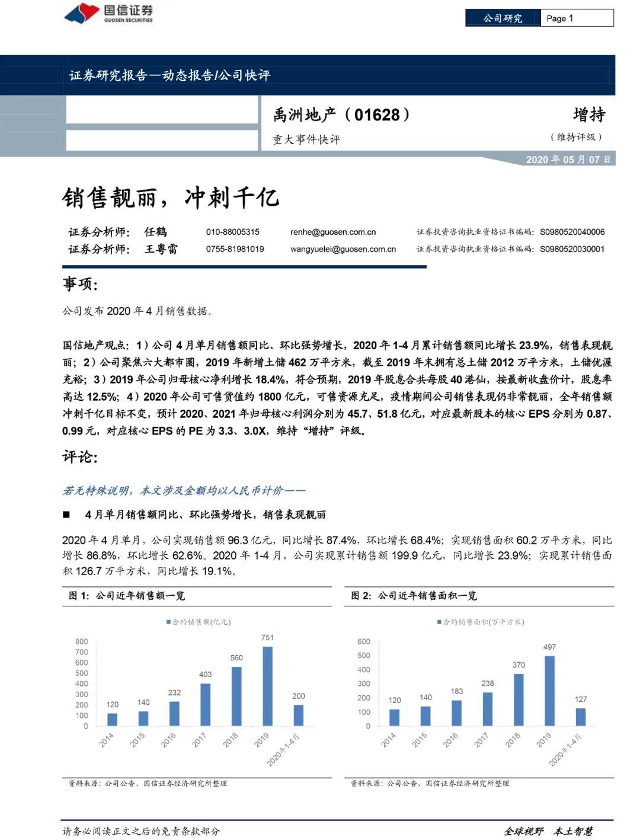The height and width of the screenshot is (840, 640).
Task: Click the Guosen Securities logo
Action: click(x=108, y=13)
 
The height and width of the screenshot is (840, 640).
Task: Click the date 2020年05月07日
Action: click(x=568, y=159)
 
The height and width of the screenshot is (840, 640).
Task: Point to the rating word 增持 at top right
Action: click(x=588, y=114)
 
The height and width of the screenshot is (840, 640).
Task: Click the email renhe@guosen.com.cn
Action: click(x=332, y=232)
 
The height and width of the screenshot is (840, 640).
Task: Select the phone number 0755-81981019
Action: click(x=235, y=249)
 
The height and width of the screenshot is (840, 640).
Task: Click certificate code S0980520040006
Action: click(x=572, y=232)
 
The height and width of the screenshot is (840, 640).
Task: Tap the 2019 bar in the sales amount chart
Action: click(x=267, y=686)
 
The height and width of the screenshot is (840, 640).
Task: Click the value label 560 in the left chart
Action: click(x=236, y=657)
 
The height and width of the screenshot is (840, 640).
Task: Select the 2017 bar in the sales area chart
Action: click(x=487, y=709)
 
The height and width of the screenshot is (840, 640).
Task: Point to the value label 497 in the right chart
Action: click(x=549, y=647)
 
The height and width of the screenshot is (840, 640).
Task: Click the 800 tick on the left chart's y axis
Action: click(x=82, y=641)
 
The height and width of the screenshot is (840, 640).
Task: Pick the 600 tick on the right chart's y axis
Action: click(x=364, y=641)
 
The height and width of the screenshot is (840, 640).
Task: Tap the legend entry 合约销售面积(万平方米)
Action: click(x=481, y=622)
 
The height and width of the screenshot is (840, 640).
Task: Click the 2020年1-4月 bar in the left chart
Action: click(x=299, y=715)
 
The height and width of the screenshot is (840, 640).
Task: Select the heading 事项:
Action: click(x=80, y=284)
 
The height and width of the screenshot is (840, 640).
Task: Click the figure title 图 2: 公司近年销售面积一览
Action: click(x=414, y=596)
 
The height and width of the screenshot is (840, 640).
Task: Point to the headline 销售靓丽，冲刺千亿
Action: click(x=170, y=197)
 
